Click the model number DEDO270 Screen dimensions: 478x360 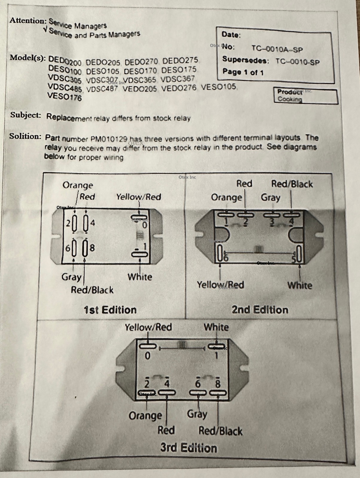pos(141,62)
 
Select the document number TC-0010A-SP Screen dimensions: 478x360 pos(277,49)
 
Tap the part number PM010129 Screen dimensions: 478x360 pos(109,139)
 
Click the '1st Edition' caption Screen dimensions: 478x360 pos(110,310)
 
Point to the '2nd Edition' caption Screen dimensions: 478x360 pos(260,310)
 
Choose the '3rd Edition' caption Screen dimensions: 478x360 pos(188,448)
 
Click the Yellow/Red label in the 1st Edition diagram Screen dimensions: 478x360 pos(138,197)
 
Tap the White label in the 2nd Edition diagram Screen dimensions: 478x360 pos(300,285)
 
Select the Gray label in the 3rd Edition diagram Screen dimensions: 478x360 pos(197,414)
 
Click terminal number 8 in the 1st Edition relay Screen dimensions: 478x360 pos(92,248)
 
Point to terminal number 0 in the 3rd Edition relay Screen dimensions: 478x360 pos(147,356)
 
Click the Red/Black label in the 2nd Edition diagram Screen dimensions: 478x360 pos(292,184)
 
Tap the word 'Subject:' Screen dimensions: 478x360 pos(26,115)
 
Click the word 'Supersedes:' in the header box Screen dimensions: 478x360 pos(245,60)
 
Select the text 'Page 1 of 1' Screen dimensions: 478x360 pos(243,72)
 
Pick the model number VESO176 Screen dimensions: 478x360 pos(65,97)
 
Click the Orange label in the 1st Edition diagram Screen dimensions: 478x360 pos(78,185)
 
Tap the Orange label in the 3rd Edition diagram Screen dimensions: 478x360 pos(145,416)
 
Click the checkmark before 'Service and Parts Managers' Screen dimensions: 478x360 pos(45,30)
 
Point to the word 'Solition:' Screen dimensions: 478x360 pos(25,136)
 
